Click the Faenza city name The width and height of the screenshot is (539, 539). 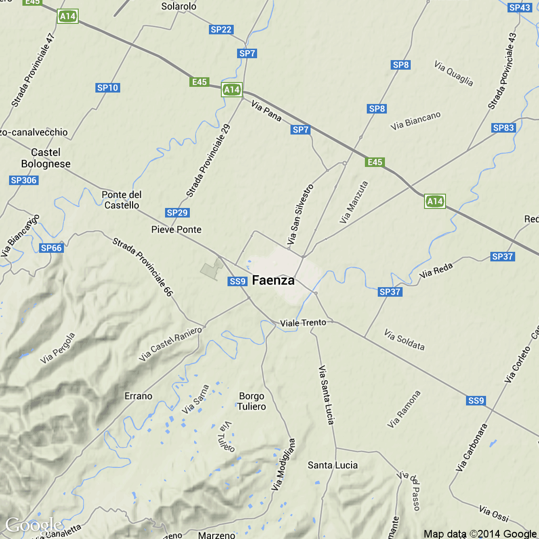click(273, 280)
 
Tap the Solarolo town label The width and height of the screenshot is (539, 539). click(178, 6)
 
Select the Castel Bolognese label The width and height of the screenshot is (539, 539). click(46, 158)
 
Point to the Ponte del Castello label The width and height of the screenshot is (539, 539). click(122, 200)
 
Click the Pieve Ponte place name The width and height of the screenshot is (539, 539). click(176, 229)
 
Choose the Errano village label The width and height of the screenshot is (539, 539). click(138, 396)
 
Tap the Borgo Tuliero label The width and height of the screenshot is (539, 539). click(252, 401)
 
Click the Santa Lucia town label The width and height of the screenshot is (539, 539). click(332, 465)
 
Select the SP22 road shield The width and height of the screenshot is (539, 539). click(221, 30)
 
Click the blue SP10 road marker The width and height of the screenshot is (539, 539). click(107, 88)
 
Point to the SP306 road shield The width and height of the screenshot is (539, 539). click(24, 180)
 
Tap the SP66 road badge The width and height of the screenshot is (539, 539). click(51, 248)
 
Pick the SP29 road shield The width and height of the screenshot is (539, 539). click(177, 213)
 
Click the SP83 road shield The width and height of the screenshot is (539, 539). click(503, 128)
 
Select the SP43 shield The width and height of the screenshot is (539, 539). click(519, 8)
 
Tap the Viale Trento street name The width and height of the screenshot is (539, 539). click(303, 323)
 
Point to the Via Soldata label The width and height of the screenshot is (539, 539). click(404, 339)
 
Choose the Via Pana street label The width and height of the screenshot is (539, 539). click(266, 111)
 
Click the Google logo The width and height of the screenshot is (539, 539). click(33, 526)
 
